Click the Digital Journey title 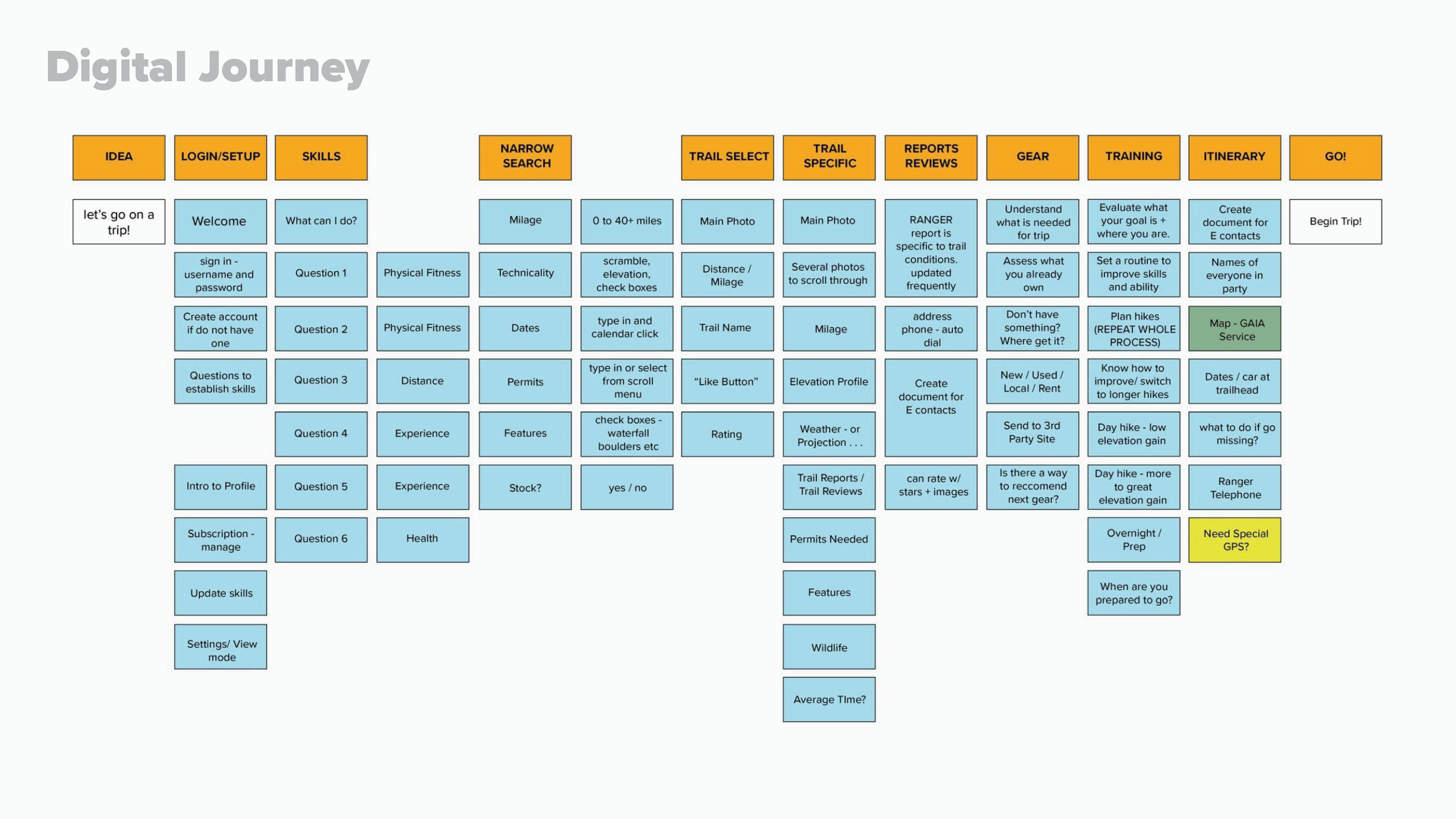[207, 68]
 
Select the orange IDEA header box [119, 157]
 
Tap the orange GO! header [1335, 157]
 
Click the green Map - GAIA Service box [1234, 329]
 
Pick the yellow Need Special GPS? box [1234, 540]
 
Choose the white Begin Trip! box [1335, 221]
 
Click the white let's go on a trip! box [119, 221]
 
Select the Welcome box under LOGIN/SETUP [220, 221]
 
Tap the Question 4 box [321, 434]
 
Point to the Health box [422, 539]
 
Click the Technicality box [525, 274]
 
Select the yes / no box [627, 488]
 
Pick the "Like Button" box [727, 382]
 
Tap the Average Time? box [829, 700]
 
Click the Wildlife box [829, 647]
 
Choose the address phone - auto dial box [931, 329]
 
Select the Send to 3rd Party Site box [1032, 434]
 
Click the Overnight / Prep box [1133, 540]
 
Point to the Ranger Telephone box [1234, 488]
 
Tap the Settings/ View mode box [220, 647]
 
